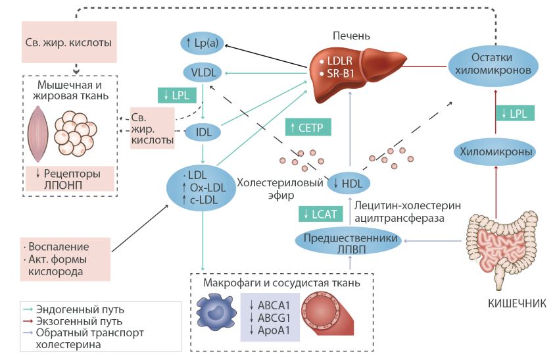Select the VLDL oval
pos(203,72)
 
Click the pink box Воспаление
pos(64,257)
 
